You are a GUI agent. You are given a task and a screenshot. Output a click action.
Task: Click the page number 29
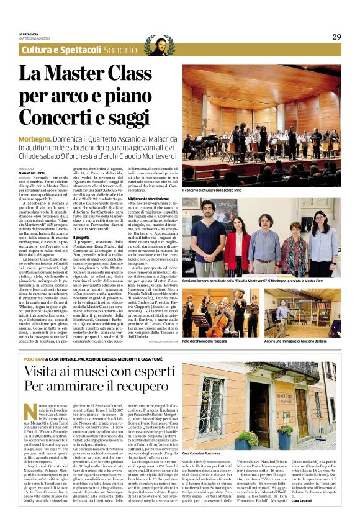point(336,37)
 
